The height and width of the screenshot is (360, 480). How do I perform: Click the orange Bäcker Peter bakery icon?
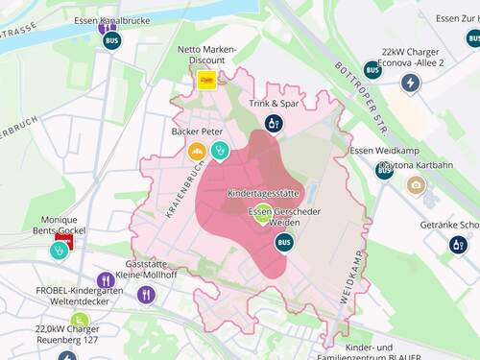point(197,151)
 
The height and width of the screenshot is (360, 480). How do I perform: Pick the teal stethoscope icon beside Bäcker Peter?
point(220,151)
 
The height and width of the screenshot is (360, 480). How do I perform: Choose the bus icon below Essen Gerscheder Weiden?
point(284,242)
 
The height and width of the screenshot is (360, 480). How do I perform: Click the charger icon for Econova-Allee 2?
point(410,83)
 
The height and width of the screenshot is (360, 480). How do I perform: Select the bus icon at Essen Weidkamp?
point(384,170)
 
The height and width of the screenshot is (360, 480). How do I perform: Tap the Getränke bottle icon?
point(459,245)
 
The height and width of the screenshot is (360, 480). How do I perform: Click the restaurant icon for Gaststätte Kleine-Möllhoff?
point(146,294)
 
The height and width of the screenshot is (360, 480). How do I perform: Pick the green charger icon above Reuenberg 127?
point(80,321)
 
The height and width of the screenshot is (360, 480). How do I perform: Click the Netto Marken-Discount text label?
point(202,55)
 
